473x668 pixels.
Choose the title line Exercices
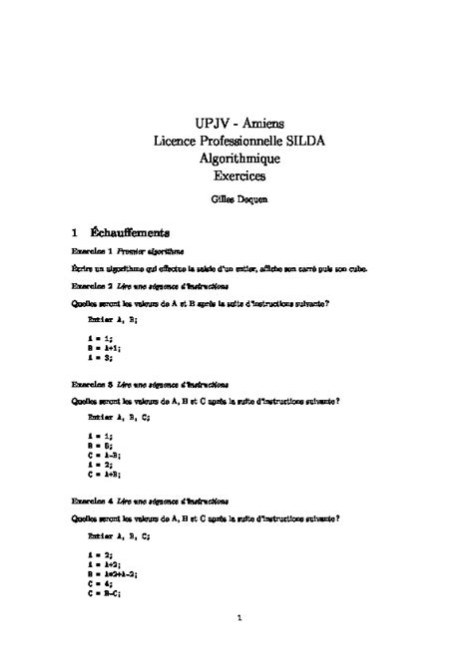point(236,176)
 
